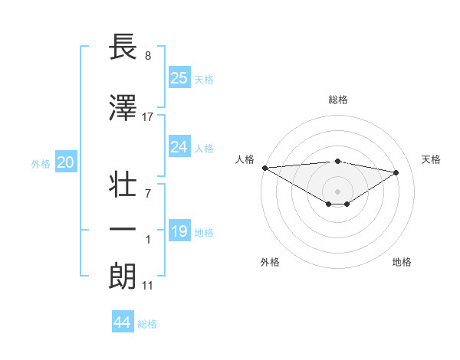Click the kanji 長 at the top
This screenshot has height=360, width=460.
pos(123,48)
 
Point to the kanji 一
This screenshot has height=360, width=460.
pos(123,230)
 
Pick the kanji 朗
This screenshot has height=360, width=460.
pos(123,277)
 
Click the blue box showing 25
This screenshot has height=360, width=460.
pos(179,77)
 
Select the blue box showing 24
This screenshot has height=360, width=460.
pos(179,146)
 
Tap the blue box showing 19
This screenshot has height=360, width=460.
pos(179,231)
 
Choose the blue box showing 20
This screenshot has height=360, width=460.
pos(66,162)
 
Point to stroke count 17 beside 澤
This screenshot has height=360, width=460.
pos(148,116)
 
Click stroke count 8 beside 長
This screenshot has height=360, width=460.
pos(148,56)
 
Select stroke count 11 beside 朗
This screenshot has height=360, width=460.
pos(148,286)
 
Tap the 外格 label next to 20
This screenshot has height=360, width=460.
pos(41,163)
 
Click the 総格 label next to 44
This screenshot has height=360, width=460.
pos(147,324)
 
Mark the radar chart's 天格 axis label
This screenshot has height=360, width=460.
pos(432,159)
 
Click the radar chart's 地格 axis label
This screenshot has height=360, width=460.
pos(402,262)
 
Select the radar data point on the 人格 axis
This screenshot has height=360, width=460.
pos(264,168)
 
